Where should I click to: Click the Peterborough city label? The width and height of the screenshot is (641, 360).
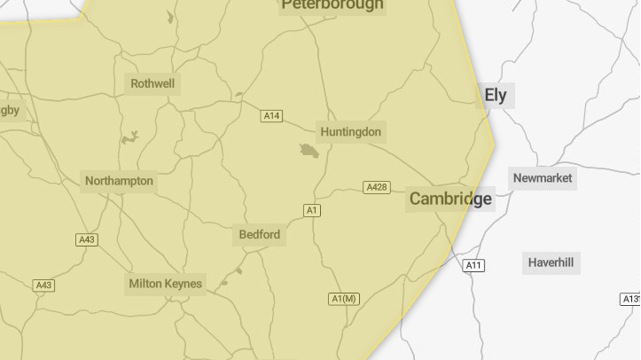[332, 5]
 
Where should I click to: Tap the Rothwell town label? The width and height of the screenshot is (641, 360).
[152, 84]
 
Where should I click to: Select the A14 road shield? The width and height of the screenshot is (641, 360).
[271, 116]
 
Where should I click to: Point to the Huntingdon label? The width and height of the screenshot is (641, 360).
[351, 132]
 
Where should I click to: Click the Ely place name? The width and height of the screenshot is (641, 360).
[496, 96]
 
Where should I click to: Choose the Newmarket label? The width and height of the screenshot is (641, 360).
[543, 178]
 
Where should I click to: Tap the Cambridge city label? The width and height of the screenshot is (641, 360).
[450, 199]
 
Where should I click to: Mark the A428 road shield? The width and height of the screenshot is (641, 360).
[377, 187]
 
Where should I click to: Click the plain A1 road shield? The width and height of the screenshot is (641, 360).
[311, 210]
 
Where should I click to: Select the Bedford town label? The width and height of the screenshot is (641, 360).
[260, 235]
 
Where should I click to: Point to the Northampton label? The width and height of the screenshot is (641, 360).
[119, 181]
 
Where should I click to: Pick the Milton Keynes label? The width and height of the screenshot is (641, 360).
[165, 284]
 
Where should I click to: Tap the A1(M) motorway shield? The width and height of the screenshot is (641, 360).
[344, 298]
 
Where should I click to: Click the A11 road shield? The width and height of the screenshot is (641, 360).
[474, 265]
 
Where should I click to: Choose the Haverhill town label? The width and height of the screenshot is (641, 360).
[551, 262]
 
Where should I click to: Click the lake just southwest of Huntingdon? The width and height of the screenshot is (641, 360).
[309, 151]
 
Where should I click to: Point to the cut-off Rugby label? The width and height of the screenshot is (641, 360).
[9, 110]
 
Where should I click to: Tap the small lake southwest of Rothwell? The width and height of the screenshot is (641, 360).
[130, 137]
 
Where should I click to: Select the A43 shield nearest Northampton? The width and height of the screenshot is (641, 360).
[86, 240]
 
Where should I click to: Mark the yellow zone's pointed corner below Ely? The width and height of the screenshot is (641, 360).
[494, 141]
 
